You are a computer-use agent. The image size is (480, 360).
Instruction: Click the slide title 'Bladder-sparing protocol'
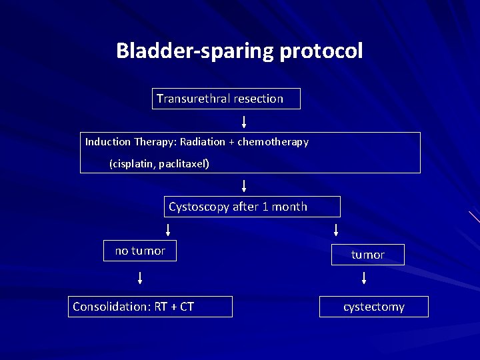tap(239, 51)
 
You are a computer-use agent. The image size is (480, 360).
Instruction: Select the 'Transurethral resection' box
tap(226, 99)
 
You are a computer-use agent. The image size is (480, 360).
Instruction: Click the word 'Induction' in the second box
tap(108, 142)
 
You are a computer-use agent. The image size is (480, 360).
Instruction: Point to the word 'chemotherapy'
tap(273, 142)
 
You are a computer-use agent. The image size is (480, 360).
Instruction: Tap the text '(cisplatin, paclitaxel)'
tap(159, 163)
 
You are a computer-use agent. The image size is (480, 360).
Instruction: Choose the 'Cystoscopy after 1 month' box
tap(252, 207)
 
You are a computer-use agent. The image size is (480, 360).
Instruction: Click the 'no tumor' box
tap(140, 251)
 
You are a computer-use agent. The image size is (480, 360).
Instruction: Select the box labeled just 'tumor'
tap(368, 255)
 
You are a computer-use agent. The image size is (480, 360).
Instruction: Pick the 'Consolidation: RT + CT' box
tap(150, 307)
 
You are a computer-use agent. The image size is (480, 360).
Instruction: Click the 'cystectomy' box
tap(374, 307)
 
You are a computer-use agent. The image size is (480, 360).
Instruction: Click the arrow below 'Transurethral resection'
tap(244, 121)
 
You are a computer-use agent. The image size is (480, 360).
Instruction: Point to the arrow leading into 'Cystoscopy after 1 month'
tap(244, 185)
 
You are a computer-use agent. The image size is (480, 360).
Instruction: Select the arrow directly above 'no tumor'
tap(167, 230)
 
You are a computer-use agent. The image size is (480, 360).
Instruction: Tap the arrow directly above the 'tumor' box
tap(335, 230)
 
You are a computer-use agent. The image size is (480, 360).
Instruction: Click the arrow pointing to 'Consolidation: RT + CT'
tap(140, 278)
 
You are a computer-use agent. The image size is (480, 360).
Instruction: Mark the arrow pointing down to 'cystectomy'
tap(363, 278)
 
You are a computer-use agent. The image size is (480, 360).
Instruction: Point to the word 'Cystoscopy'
tap(198, 207)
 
